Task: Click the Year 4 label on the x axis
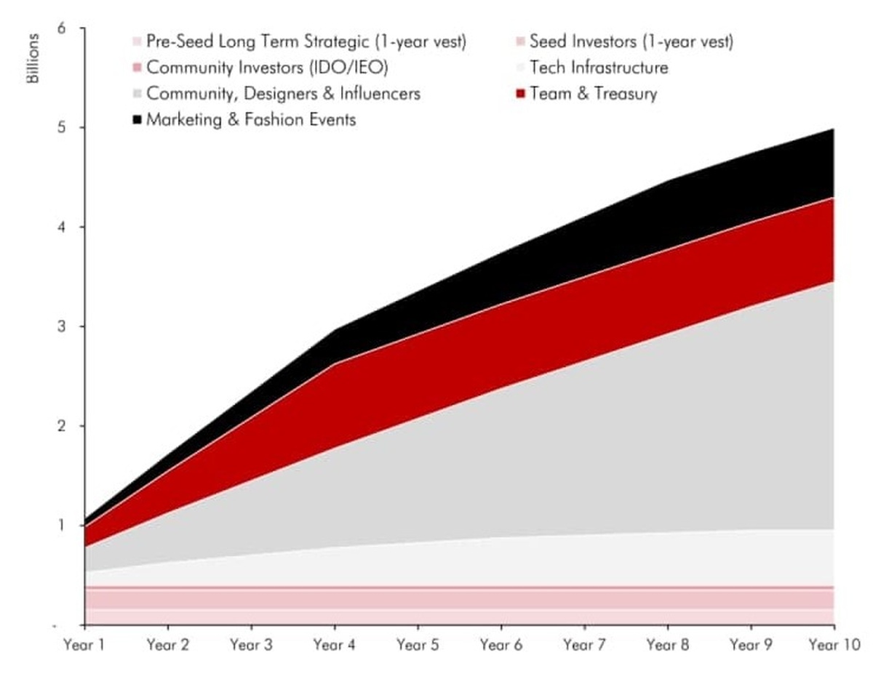335,645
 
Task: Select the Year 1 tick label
85,645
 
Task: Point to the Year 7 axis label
584,645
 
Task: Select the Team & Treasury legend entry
594,94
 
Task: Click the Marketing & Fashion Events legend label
251,120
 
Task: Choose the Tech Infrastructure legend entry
599,68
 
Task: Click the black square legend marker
136,120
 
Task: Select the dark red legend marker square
519,94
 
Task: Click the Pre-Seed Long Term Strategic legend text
306,41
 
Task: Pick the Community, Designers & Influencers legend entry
283,94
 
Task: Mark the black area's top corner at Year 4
335,331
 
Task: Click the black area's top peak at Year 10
834,129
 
